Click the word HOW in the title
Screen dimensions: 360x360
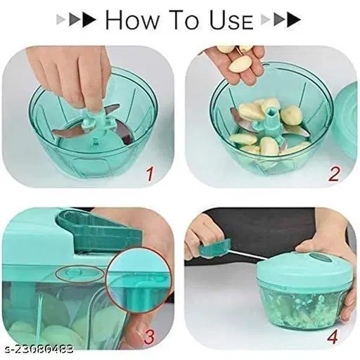tap(132, 20)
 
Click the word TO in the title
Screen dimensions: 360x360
tap(185, 20)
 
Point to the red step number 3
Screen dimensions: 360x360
tap(148, 336)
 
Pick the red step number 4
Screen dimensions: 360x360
tap(333, 336)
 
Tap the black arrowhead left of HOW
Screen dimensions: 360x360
tap(89, 20)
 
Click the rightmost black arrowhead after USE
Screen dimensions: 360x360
tap(294, 20)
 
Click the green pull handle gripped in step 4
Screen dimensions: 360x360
tap(214, 249)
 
